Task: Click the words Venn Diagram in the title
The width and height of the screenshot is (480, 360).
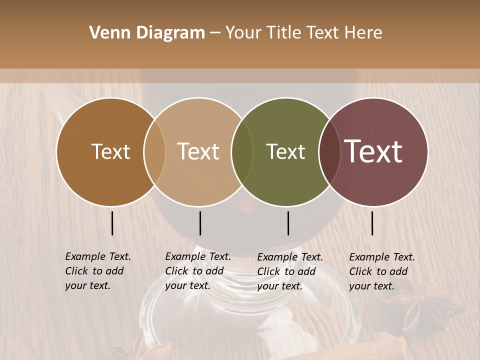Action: point(146,33)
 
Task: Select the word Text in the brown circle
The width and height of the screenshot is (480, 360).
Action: point(110,152)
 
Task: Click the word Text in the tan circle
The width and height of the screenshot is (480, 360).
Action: point(198,152)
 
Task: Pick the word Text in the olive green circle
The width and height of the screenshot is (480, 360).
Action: point(285,152)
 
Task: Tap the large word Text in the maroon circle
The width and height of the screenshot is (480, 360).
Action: point(373,151)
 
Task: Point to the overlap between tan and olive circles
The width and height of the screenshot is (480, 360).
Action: point(242,152)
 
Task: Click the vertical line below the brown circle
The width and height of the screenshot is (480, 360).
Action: point(112,223)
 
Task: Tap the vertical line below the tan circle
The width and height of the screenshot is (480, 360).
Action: point(200,223)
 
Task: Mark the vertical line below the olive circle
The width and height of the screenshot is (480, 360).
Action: point(288,223)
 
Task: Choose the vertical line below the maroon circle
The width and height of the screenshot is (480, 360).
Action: point(372,223)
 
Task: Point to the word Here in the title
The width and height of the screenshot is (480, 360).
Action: point(364,33)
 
